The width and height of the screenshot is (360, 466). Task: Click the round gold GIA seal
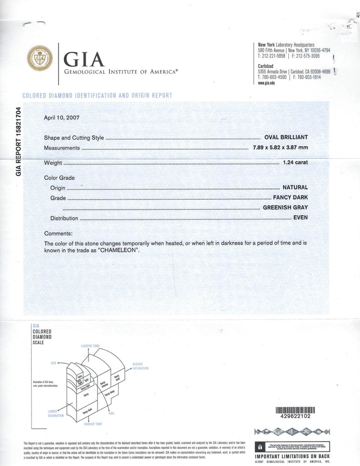pyautogui.click(x=40, y=59)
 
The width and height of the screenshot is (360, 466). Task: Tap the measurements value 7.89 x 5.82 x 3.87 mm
pyautogui.click(x=280, y=148)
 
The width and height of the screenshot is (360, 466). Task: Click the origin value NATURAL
pyautogui.click(x=295, y=188)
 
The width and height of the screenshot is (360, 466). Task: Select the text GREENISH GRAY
pyautogui.click(x=285, y=207)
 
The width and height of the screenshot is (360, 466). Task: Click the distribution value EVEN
pyautogui.click(x=300, y=218)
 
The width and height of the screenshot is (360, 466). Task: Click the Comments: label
pyautogui.click(x=58, y=234)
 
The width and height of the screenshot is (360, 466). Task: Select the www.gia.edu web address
pyautogui.click(x=265, y=83)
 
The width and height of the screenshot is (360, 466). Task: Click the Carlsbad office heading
pyautogui.click(x=265, y=66)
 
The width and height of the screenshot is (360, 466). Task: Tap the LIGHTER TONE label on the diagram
pyautogui.click(x=90, y=346)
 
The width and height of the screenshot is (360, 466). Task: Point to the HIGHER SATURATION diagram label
pyautogui.click(x=140, y=366)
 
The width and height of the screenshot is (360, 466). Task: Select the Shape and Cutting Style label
pyautogui.click(x=73, y=137)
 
